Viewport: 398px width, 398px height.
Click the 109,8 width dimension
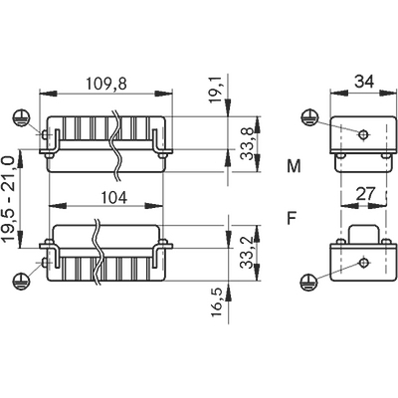coord(106,84)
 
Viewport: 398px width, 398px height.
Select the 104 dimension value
coord(113,198)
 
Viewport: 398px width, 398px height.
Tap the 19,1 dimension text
coord(217,90)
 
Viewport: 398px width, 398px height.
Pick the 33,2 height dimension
coord(247,253)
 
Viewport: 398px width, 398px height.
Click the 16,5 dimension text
coord(217,301)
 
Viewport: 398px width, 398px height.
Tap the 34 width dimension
coord(364,81)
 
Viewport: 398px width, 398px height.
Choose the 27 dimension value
coord(365,193)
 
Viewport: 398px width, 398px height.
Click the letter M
coord(294,166)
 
